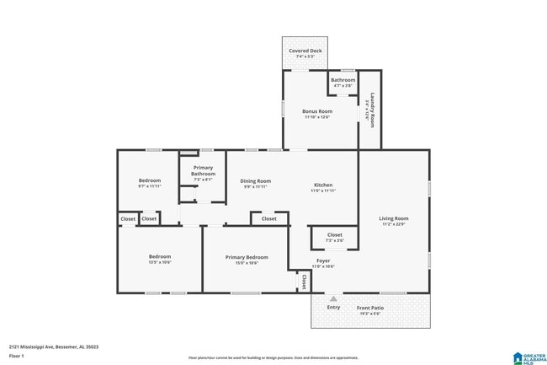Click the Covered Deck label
(x=305, y=51)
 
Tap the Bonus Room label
(x=317, y=111)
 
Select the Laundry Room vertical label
(x=371, y=110)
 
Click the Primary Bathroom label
(x=203, y=171)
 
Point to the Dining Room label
(x=255, y=181)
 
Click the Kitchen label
(x=323, y=185)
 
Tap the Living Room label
(x=394, y=219)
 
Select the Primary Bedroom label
(x=247, y=257)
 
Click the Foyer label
(x=323, y=261)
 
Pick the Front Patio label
(x=370, y=309)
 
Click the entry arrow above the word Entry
(x=333, y=298)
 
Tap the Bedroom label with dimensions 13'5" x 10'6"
(x=160, y=257)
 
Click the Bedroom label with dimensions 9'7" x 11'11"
(x=150, y=181)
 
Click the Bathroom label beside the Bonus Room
(x=343, y=80)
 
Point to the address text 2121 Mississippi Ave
(x=42, y=346)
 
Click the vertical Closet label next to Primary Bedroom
(x=302, y=281)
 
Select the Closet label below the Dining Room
(x=268, y=219)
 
